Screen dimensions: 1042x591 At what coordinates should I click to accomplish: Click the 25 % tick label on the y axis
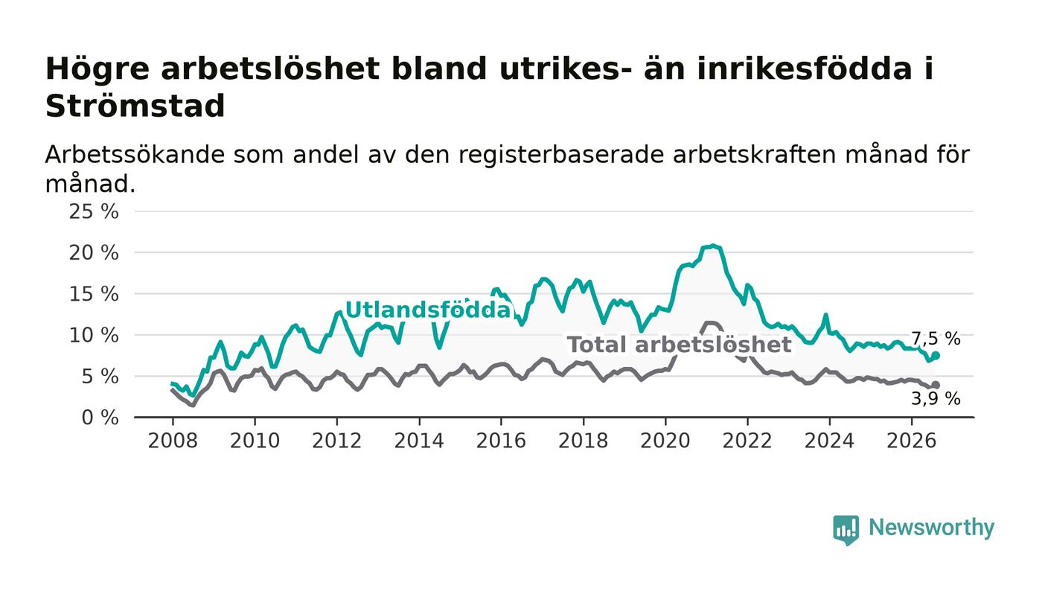[x=94, y=211]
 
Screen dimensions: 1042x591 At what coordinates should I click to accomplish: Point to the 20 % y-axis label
[x=94, y=253]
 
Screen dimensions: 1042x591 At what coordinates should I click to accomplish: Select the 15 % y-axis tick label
[x=94, y=294]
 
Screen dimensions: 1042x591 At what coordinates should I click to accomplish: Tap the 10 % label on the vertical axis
[x=94, y=336]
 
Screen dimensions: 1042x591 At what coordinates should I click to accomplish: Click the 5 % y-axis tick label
[x=100, y=377]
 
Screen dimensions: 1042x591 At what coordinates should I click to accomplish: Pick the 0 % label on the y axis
[x=100, y=418]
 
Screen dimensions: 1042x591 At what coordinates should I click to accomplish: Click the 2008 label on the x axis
[x=173, y=441]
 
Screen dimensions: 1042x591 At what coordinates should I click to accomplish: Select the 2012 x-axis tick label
[x=336, y=441]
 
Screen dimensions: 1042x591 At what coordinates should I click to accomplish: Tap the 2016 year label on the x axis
[x=501, y=441]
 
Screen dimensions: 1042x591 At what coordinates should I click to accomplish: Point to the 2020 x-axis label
[x=665, y=441]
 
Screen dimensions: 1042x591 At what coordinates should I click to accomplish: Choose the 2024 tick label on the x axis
[x=829, y=441]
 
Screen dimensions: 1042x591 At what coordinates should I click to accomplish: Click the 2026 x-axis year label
[x=911, y=441]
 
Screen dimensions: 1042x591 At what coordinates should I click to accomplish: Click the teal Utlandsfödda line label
[x=428, y=310]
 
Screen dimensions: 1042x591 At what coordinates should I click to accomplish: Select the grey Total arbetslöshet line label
[x=679, y=345]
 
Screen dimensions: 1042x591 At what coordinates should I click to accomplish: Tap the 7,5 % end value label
[x=936, y=339]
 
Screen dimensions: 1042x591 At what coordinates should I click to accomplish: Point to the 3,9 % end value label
[x=936, y=399]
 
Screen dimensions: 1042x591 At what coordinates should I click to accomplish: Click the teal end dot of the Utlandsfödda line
[x=936, y=356]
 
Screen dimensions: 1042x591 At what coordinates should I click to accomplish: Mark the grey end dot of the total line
[x=936, y=385]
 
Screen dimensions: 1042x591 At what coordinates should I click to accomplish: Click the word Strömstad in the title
[x=135, y=106]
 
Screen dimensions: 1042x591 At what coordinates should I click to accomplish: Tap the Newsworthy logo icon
[x=846, y=530]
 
